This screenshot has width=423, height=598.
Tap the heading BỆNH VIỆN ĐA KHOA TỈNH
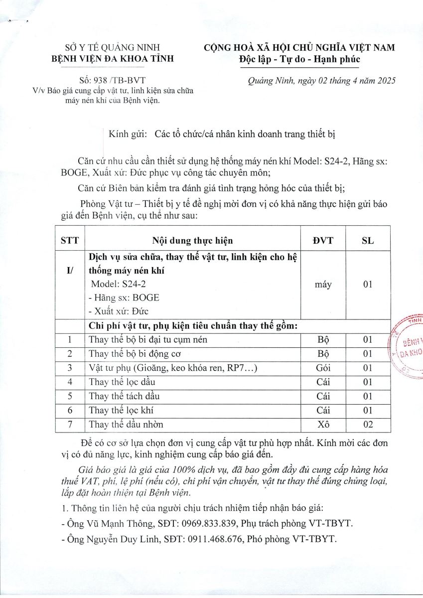click(114, 59)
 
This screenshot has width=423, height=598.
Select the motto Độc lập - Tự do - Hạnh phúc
click(299, 59)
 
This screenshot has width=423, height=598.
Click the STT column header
click(69, 241)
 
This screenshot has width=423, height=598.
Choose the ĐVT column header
click(323, 241)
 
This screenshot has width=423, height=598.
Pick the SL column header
click(368, 241)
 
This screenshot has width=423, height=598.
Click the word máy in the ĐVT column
click(323, 285)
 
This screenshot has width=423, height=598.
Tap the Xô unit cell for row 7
click(323, 425)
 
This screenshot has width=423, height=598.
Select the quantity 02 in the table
click(368, 425)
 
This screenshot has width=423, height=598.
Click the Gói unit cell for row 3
click(323, 368)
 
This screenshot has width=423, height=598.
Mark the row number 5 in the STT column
click(70, 396)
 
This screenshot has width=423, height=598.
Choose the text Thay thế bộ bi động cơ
click(135, 354)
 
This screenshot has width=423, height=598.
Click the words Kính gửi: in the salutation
click(128, 134)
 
